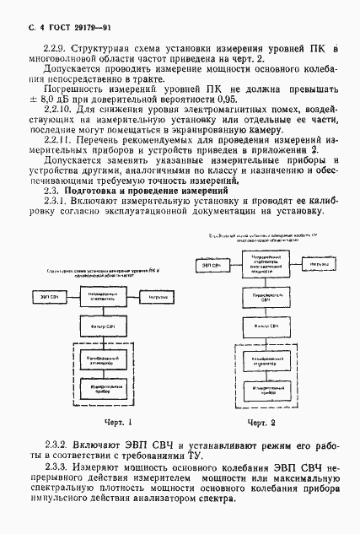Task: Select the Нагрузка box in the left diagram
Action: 151,296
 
